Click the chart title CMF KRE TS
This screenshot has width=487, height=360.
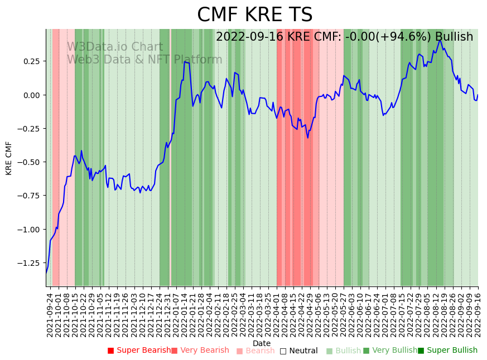[x=255, y=15]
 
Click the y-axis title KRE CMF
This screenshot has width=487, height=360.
[x=9, y=158]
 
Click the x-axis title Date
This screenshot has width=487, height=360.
[x=262, y=343]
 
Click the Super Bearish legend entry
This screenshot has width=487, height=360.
[x=139, y=351]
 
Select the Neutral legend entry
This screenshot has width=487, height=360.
[x=299, y=351]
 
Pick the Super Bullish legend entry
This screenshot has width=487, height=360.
[x=448, y=351]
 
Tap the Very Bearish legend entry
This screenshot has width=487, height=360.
[x=200, y=351]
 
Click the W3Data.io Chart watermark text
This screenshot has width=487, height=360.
[x=115, y=47]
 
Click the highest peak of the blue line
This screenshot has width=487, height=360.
[x=440, y=40]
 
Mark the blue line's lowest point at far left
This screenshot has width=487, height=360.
[x=46, y=272]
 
